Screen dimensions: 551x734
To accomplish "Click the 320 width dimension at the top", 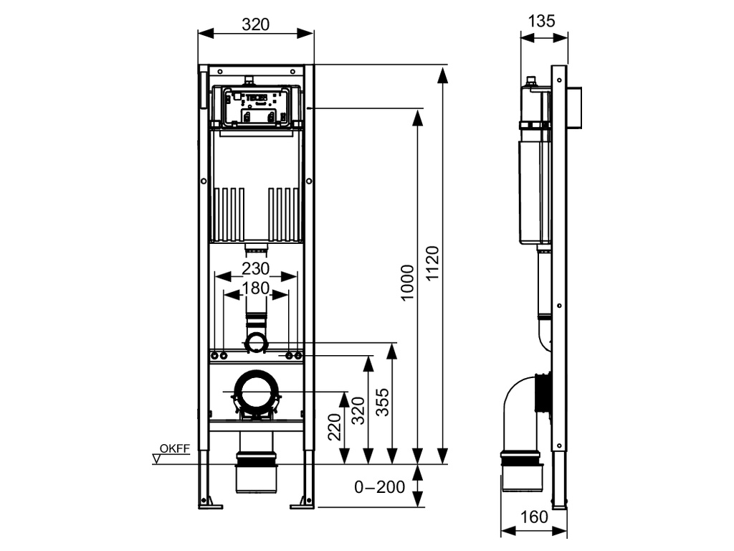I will [x=255, y=24].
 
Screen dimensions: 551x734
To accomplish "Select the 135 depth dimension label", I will [x=542, y=22].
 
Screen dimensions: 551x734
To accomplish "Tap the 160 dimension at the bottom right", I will [x=534, y=517].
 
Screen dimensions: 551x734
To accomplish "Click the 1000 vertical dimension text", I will [x=407, y=283].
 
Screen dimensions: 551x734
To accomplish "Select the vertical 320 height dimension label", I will [x=358, y=410].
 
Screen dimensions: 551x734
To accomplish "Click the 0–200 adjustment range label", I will [x=380, y=488].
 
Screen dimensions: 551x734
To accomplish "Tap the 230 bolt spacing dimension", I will [x=255, y=269].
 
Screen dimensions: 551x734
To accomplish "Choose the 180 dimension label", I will [x=255, y=288].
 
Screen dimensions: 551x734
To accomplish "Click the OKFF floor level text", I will [x=174, y=449].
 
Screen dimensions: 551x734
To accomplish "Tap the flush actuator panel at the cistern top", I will [x=255, y=108].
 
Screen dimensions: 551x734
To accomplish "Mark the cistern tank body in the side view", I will [x=533, y=190].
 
